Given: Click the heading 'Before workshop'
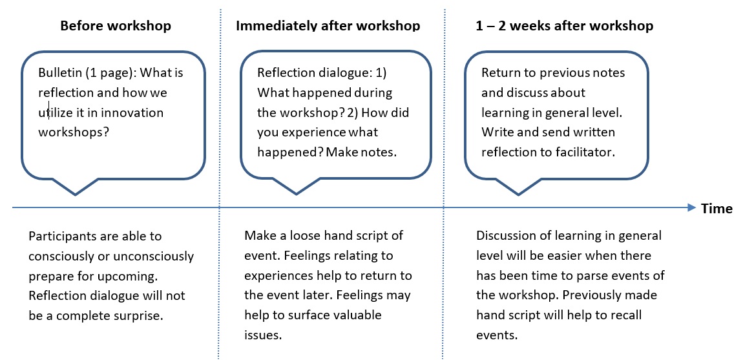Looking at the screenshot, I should point(116,26).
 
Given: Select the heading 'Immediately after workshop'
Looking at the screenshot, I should point(328,26).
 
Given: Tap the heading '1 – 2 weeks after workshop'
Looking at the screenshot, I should point(563,26).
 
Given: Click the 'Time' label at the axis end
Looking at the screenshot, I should point(717,208).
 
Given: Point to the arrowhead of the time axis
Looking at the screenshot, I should point(689,207).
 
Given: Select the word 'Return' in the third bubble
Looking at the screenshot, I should point(501,72).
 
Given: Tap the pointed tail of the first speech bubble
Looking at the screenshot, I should point(76,193).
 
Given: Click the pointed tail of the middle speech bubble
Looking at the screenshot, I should point(297,193).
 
